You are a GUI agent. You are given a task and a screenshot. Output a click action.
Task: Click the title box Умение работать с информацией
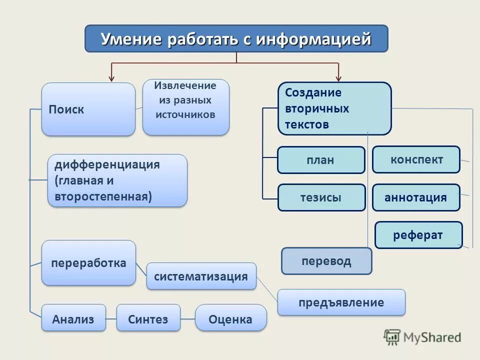point(236,39)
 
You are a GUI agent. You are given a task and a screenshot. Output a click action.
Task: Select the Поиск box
point(88,109)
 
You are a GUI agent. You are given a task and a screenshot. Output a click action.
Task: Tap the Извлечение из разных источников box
point(185,107)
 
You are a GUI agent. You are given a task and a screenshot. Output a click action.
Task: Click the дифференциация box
point(117,180)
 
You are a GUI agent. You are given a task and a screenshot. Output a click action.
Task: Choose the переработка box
point(88,263)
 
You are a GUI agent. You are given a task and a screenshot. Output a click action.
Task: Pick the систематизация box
point(201,276)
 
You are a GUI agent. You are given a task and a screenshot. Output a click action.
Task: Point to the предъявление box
point(341,302)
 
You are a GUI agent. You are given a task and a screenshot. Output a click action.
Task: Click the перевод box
point(326,261)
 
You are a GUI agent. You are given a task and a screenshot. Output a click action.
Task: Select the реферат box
point(418,235)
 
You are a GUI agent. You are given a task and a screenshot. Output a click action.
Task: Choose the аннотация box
point(415,197)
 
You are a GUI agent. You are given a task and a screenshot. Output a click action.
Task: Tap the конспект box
point(416,159)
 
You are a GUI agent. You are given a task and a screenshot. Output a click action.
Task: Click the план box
point(321,160)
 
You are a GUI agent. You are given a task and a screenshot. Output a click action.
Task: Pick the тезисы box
point(321,197)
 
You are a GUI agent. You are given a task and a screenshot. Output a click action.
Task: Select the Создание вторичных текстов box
point(334,108)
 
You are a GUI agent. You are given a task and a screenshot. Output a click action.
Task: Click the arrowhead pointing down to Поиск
point(112,78)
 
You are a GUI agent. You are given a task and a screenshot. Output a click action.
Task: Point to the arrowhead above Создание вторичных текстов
point(338,78)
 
